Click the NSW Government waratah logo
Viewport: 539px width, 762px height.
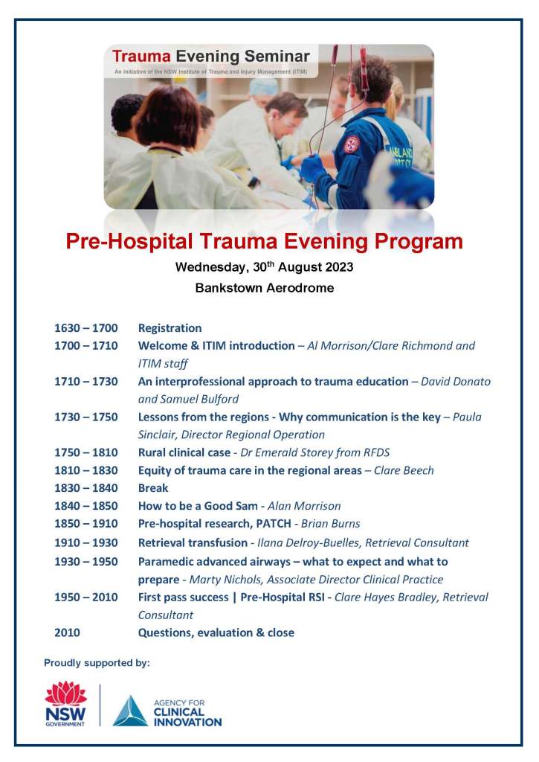[x=65, y=703]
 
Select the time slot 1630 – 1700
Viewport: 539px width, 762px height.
[x=85, y=328]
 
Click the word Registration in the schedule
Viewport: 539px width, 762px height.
[x=170, y=328]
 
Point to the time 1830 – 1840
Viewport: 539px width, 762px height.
[x=85, y=488]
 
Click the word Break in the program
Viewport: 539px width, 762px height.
[x=153, y=488]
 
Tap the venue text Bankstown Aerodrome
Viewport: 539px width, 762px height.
[x=264, y=288]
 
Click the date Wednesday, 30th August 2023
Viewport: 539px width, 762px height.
[x=264, y=266]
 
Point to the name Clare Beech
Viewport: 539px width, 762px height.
[x=404, y=470]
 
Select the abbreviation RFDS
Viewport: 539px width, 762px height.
[x=376, y=452]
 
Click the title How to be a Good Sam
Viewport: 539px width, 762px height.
[x=197, y=506]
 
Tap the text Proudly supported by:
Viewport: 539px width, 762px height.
[x=97, y=662]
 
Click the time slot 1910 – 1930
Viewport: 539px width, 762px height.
[x=85, y=542]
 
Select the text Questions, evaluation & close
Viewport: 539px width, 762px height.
[x=216, y=633]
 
